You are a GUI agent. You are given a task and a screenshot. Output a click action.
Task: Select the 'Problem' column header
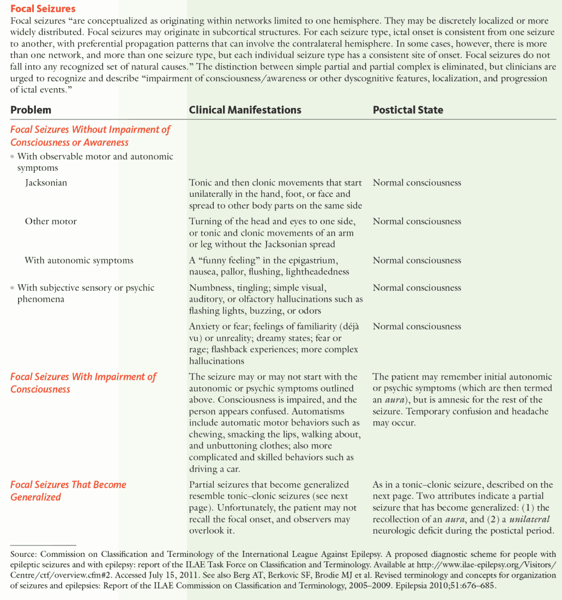pyautogui.click(x=31, y=110)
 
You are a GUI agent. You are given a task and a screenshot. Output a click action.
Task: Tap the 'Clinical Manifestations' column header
pyautogui.click(x=245, y=110)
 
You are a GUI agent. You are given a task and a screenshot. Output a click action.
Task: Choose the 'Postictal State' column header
pyautogui.click(x=408, y=110)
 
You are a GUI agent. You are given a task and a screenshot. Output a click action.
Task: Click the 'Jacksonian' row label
pyautogui.click(x=46, y=183)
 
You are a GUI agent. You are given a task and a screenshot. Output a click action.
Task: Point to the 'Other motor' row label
pyautogui.click(x=51, y=221)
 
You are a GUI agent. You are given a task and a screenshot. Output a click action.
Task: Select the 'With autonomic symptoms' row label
pyautogui.click(x=79, y=260)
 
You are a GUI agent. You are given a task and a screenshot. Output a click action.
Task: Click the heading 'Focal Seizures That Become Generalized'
pyautogui.click(x=68, y=490)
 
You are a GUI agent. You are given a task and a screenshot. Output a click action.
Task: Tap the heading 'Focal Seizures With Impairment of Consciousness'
pyautogui.click(x=83, y=382)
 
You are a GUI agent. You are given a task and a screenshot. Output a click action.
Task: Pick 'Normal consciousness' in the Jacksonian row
pyautogui.click(x=416, y=183)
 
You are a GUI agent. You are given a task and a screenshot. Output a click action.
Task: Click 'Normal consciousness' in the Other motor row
pyautogui.click(x=416, y=221)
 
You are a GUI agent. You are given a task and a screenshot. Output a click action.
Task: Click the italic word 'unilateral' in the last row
pyautogui.click(x=530, y=519)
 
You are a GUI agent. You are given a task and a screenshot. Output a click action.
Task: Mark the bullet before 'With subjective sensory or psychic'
pyautogui.click(x=12, y=288)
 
